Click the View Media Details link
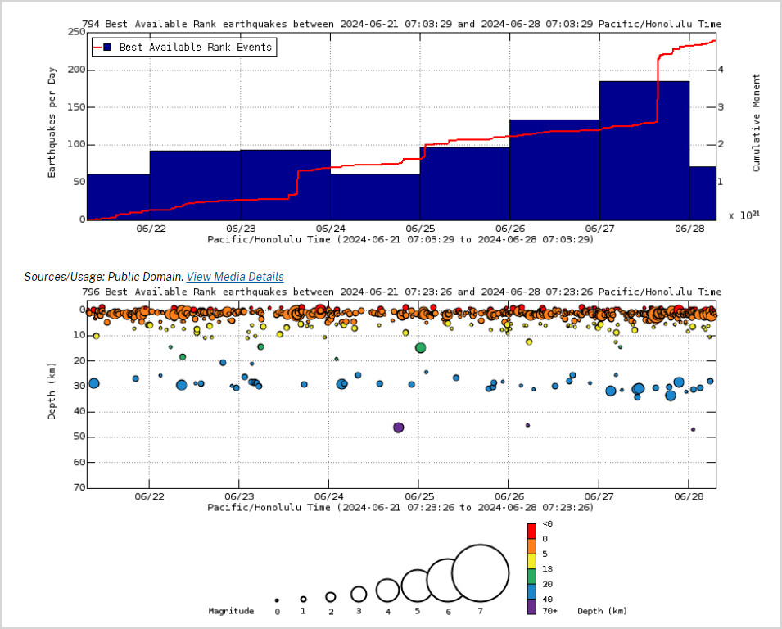click(x=235, y=277)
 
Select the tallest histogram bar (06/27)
click(x=644, y=150)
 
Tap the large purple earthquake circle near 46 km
click(x=399, y=428)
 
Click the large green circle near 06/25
click(x=420, y=348)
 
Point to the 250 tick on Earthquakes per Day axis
click(x=76, y=32)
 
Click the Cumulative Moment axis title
click(x=756, y=123)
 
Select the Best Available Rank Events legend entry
click(x=184, y=48)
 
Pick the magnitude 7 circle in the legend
click(x=481, y=573)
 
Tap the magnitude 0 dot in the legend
click(x=277, y=600)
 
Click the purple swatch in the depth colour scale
click(x=531, y=607)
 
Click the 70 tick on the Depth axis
click(x=79, y=487)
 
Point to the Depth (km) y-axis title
click(x=52, y=391)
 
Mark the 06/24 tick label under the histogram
click(x=330, y=229)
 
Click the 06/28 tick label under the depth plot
click(x=689, y=496)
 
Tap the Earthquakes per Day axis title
click(x=52, y=123)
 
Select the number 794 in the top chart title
click(x=90, y=24)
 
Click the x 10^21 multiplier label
click(x=744, y=215)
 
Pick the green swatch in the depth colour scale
click(x=531, y=576)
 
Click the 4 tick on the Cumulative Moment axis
click(x=720, y=70)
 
